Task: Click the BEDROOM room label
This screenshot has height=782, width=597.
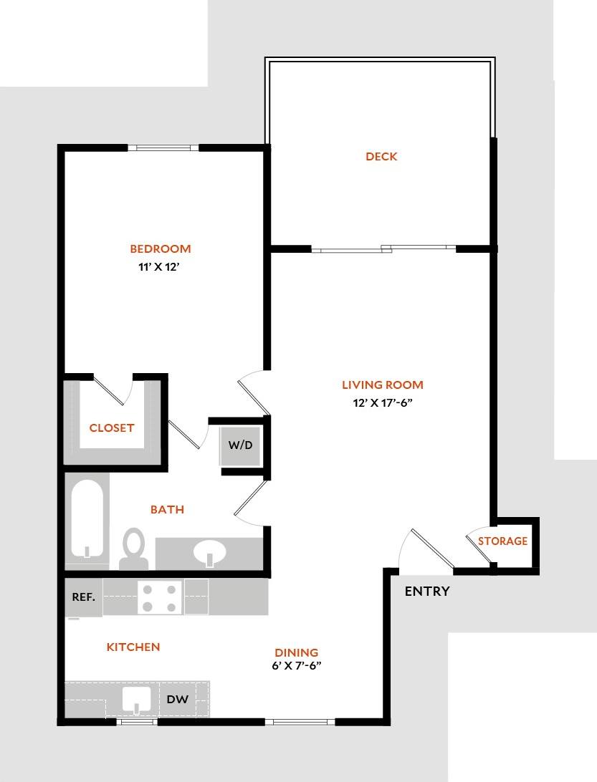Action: (x=160, y=249)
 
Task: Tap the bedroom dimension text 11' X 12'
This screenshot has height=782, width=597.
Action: (x=160, y=268)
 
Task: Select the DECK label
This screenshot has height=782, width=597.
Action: (x=381, y=157)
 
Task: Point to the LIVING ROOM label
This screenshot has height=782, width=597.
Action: (x=382, y=385)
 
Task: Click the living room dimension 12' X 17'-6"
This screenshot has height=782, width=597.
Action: (x=382, y=402)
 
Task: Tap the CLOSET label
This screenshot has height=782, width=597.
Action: (x=112, y=428)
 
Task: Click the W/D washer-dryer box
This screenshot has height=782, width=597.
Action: (x=241, y=445)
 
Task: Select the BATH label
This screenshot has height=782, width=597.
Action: (x=167, y=510)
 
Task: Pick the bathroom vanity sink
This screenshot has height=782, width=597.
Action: (x=209, y=553)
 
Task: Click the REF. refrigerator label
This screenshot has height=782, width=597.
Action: (x=83, y=597)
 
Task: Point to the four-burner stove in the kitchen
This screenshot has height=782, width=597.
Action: (x=160, y=598)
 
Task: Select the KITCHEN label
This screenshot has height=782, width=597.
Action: (x=133, y=647)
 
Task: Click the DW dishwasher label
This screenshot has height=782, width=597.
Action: (x=177, y=700)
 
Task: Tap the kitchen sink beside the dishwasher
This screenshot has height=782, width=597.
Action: (x=135, y=700)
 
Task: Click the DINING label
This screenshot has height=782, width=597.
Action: (x=296, y=652)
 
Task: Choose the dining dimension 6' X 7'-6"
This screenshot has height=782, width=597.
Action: (x=296, y=665)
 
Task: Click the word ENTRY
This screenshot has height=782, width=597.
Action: (x=427, y=592)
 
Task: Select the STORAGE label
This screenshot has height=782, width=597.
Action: (x=502, y=541)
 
